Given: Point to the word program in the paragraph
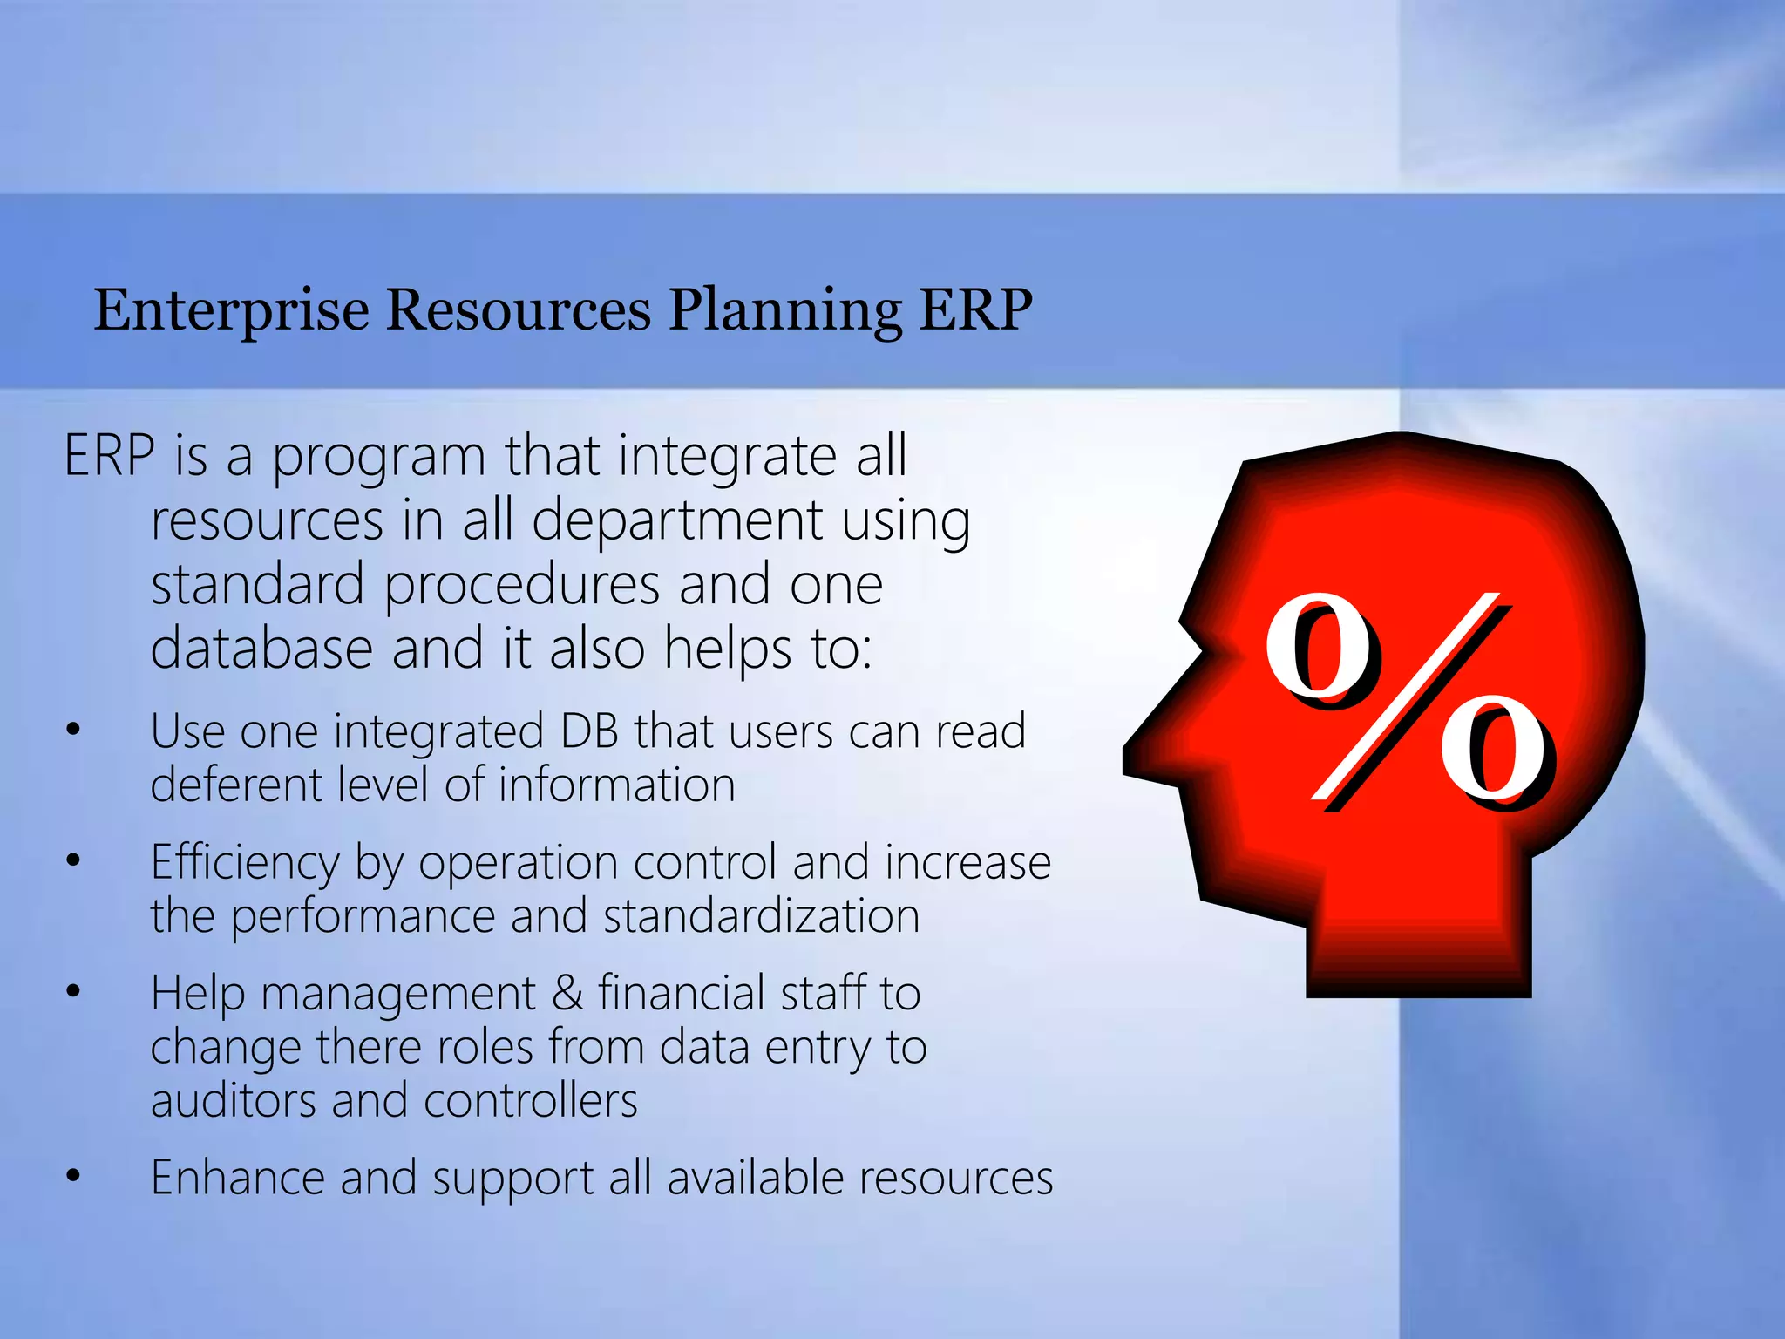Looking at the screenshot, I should [378, 458].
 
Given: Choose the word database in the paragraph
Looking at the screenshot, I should [261, 649].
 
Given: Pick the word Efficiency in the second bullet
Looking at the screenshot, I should [245, 863].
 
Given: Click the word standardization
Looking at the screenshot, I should [761, 916].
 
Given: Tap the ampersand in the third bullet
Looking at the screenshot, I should [567, 993].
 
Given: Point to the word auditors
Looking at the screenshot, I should [232, 1100].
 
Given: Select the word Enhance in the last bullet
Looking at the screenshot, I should [236, 1178].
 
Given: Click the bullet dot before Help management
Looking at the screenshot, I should [73, 991].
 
